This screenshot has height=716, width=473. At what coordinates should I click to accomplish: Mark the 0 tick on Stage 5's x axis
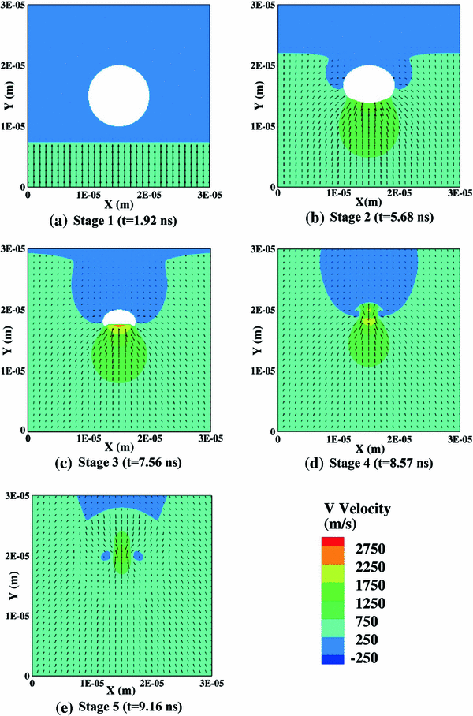(x=32, y=680)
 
